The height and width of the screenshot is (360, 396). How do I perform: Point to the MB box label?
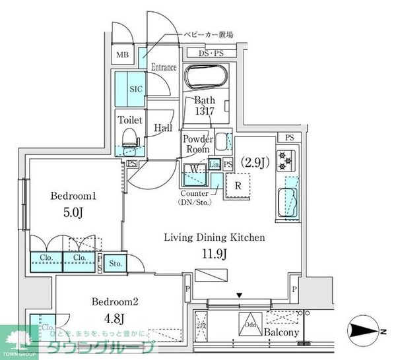click(123, 55)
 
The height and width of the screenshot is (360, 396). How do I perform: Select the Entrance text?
click(164, 67)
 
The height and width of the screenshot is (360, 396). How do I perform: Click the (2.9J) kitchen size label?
click(254, 162)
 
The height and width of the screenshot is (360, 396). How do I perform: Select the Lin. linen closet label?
click(214, 164)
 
